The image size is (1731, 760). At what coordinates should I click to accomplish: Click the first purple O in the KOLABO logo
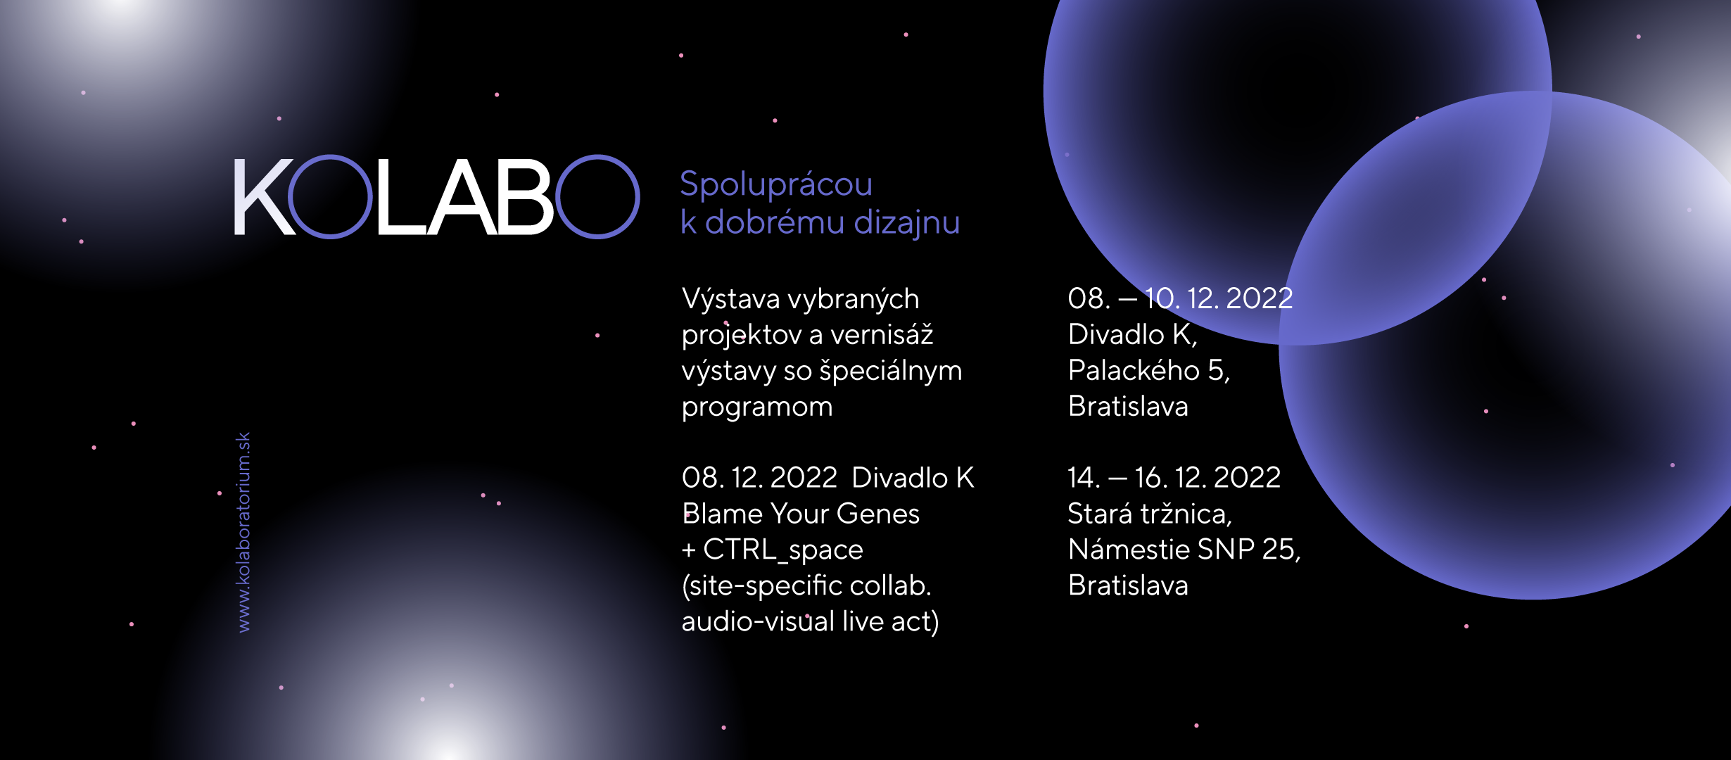290,197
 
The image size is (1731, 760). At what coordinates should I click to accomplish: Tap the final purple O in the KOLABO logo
558,197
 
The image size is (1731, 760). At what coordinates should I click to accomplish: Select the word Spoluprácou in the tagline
776,185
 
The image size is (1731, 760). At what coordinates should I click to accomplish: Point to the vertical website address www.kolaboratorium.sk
243,532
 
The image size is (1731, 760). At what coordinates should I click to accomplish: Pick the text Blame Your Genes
801,514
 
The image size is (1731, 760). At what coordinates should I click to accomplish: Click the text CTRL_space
783,550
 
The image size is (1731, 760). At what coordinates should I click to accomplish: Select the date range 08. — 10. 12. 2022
1180,298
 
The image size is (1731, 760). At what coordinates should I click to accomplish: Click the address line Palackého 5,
1149,371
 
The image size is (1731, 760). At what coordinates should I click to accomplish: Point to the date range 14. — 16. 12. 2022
1174,478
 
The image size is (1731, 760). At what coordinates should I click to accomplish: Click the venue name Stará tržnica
1148,514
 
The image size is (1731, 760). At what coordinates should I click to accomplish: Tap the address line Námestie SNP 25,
1184,550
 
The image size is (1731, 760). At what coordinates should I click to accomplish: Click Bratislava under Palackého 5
1128,407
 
